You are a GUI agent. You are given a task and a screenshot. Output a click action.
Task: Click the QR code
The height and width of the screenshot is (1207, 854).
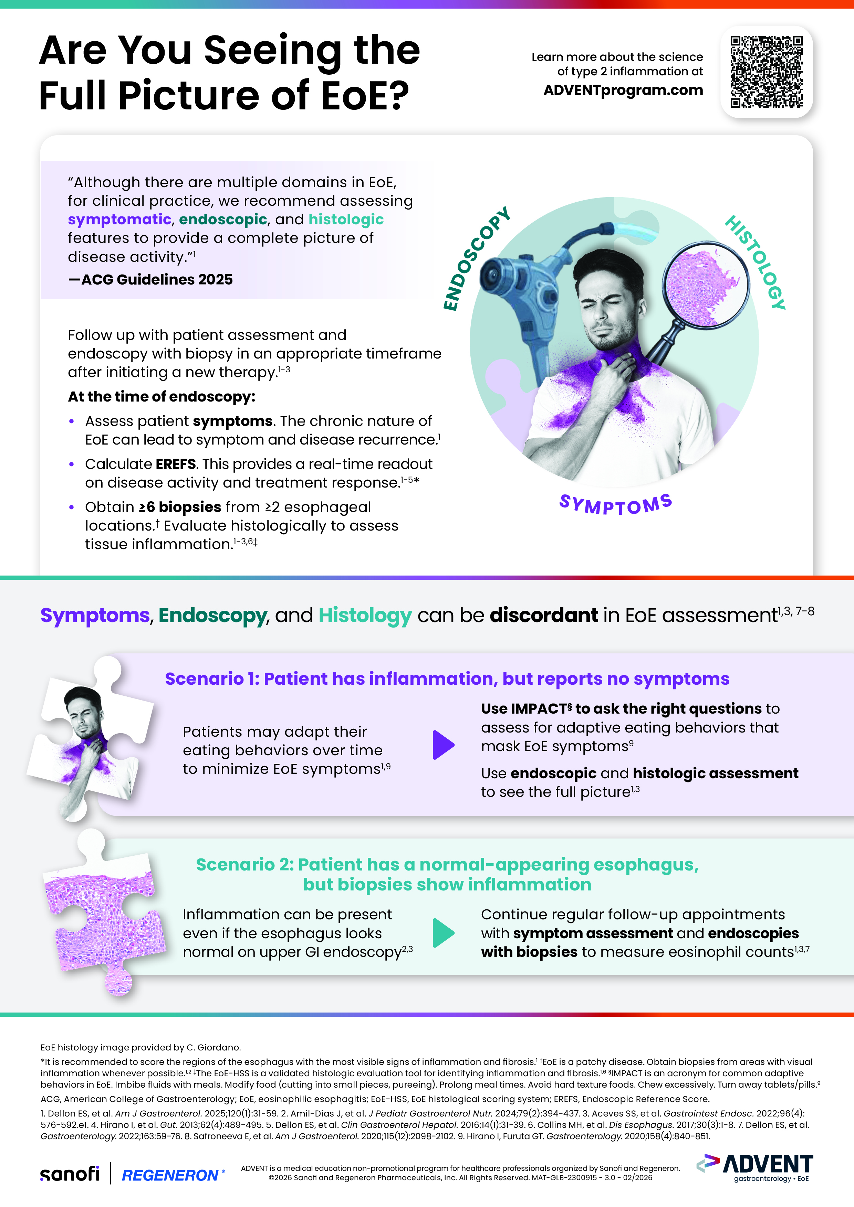[x=766, y=72]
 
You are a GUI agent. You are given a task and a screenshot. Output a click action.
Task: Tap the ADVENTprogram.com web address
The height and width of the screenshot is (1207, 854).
[x=623, y=90]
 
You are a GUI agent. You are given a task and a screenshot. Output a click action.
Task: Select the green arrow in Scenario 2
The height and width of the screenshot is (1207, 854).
[x=443, y=933]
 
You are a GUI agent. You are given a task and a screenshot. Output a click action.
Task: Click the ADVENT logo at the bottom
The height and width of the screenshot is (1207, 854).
[x=756, y=1167]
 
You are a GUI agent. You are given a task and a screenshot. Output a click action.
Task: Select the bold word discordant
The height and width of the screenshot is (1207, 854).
[x=543, y=615]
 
